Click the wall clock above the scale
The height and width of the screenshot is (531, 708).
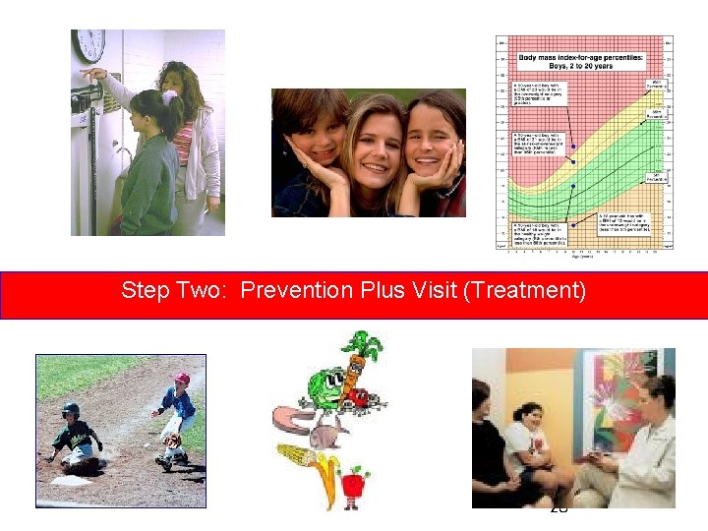(88, 45)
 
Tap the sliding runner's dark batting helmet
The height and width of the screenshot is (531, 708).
(71, 410)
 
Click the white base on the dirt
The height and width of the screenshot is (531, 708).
(71, 481)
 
